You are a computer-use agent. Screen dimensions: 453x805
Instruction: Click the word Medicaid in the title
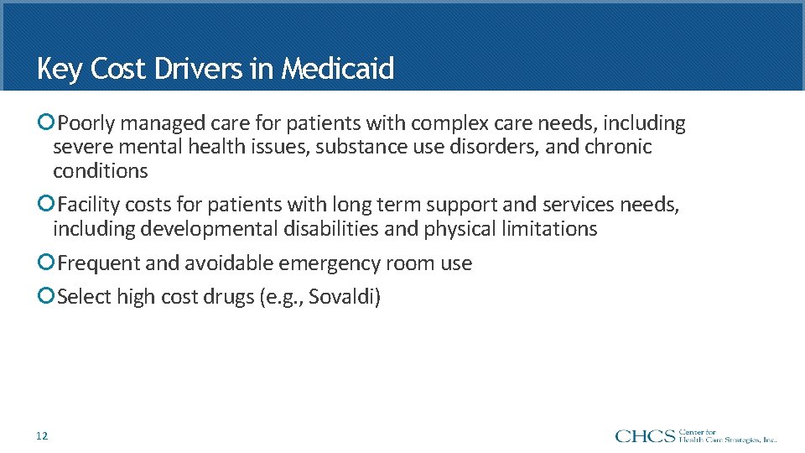point(337,69)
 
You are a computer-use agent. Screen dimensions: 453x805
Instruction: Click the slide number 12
point(42,435)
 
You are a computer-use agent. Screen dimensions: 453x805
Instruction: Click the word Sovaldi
point(342,298)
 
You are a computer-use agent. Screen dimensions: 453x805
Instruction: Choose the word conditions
point(100,171)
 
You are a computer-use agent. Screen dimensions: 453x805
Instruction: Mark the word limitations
point(551,229)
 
